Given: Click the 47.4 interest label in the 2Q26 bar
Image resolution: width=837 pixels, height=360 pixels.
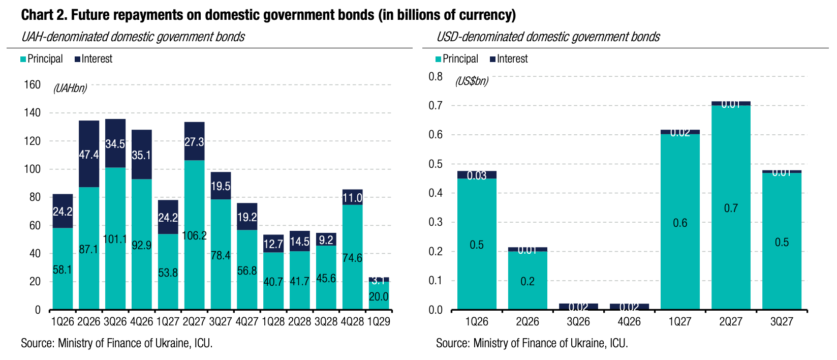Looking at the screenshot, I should click(89, 155).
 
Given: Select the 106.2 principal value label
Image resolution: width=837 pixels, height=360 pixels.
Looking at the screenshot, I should click(194, 235).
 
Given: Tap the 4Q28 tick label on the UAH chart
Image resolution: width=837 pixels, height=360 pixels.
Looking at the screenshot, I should click(352, 322).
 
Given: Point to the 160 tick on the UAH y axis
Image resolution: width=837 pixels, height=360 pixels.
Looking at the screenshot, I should click(32, 84).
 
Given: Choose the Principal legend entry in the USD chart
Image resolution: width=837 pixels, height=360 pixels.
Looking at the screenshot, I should click(457, 59).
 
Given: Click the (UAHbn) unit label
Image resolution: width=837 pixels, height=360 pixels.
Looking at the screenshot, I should click(70, 88).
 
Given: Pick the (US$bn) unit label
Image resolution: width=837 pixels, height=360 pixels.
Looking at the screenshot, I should click(472, 81).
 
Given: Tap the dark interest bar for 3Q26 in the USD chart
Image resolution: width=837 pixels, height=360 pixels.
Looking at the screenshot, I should click(578, 307).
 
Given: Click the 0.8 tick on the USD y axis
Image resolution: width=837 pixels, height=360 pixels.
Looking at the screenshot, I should click(436, 77).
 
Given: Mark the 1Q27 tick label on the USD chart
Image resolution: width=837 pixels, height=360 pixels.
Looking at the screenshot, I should click(680, 322).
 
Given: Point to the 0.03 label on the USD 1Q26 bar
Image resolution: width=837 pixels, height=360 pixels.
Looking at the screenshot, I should click(477, 175).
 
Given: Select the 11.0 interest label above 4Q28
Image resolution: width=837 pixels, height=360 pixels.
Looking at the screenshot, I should click(352, 198).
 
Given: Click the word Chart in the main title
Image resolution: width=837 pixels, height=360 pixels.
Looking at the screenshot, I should click(37, 15).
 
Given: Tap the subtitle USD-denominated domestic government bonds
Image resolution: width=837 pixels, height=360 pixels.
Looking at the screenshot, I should click(548, 37).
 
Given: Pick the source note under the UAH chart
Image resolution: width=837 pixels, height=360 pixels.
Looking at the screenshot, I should click(116, 343).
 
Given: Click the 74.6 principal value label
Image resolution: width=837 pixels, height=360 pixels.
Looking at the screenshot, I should click(352, 258).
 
